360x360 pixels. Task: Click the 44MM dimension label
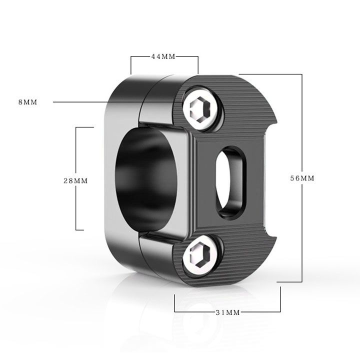163,56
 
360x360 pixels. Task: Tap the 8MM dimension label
28,102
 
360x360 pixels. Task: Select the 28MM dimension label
75,181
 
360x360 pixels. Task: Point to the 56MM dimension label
302,178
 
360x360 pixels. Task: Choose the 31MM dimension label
228,312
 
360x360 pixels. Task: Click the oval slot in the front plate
230,183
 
